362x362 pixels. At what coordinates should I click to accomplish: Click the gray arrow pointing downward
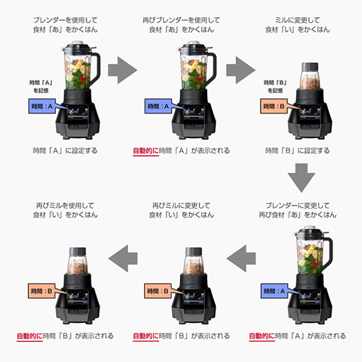point(301,178)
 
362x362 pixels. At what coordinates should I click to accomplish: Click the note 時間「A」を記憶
point(41,86)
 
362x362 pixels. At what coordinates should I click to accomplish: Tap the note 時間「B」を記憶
point(275,86)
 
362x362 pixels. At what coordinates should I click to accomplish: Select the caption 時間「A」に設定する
point(65,151)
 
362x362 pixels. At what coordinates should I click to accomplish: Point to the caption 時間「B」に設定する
point(298,151)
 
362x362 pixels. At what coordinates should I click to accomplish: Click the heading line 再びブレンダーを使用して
point(181,20)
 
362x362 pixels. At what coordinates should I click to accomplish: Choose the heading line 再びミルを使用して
point(65,206)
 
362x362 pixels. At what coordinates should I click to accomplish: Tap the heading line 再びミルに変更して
point(181,206)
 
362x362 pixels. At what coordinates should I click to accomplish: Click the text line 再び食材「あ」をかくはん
point(298,215)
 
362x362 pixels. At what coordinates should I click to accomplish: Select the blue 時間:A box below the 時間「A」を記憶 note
point(42,106)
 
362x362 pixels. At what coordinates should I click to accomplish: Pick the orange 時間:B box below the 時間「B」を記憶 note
point(274,106)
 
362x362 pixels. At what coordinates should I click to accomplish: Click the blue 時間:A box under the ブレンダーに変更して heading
point(274,291)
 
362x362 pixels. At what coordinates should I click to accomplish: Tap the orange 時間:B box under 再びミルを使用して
point(41,291)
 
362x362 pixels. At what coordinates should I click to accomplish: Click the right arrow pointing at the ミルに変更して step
point(240,70)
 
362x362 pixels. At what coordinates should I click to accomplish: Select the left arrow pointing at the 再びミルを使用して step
point(123,258)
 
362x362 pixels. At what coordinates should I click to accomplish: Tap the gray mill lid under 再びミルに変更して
point(194,251)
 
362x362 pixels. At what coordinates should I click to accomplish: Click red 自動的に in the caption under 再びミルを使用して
point(30,336)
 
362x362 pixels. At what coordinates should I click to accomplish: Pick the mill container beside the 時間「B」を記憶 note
point(310,76)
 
